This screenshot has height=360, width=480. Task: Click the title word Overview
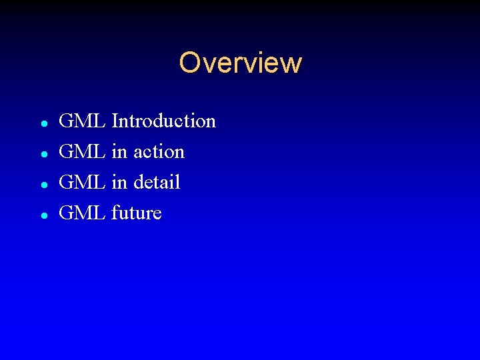click(240, 63)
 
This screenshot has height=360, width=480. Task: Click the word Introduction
click(164, 121)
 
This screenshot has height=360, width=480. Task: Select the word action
click(159, 152)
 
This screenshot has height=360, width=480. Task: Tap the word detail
click(157, 182)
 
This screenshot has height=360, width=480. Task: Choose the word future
click(137, 213)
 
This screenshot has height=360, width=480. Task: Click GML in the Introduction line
click(82, 121)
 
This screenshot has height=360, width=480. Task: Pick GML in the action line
click(82, 152)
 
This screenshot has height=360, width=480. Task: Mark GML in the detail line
click(82, 182)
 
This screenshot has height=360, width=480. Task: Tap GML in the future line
click(82, 213)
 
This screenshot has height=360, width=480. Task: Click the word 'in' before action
click(119, 152)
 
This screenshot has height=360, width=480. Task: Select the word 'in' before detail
click(119, 182)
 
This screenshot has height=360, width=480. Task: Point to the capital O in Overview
click(190, 63)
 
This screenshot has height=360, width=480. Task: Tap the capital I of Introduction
click(115, 121)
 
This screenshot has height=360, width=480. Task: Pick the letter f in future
click(115, 213)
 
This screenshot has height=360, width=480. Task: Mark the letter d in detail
click(139, 182)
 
